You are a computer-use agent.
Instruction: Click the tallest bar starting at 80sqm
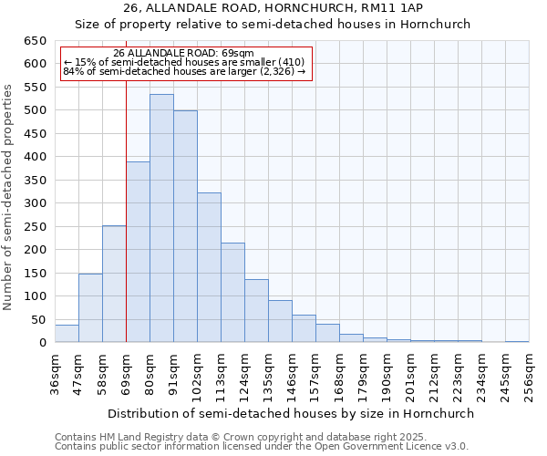(161, 219)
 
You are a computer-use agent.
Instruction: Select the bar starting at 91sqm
(185, 226)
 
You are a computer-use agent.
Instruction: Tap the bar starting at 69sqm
(138, 252)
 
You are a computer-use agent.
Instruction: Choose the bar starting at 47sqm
(90, 307)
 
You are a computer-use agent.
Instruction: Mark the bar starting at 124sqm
(256, 310)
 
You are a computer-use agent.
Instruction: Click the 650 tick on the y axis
(35, 41)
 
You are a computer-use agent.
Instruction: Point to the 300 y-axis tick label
(35, 203)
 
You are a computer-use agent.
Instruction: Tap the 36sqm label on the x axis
(55, 375)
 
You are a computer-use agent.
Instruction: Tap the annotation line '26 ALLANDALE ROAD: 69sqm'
(184, 54)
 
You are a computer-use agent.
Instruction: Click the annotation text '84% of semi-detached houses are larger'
(184, 72)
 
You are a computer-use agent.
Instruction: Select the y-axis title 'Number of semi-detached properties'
(9, 197)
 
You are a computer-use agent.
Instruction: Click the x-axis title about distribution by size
(292, 413)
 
